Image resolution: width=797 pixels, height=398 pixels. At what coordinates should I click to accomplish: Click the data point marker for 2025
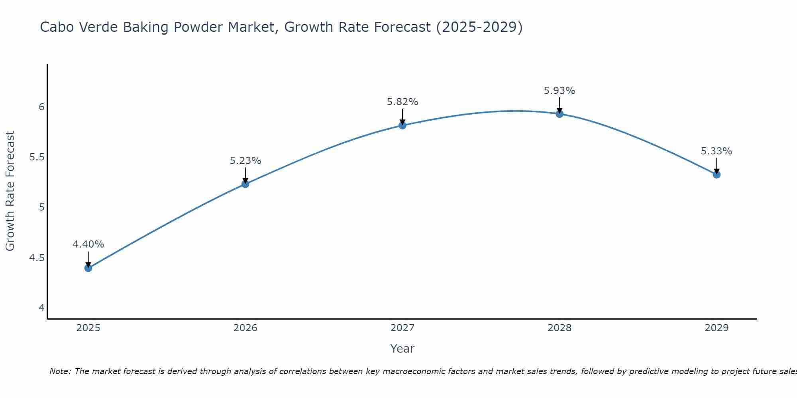tap(88, 268)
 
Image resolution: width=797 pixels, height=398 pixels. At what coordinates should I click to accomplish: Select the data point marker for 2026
tap(245, 184)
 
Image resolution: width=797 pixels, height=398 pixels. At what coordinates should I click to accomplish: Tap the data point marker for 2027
tap(402, 125)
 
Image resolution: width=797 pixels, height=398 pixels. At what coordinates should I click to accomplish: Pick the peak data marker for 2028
tap(559, 114)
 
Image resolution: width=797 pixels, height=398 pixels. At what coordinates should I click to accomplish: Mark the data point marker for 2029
tap(716, 174)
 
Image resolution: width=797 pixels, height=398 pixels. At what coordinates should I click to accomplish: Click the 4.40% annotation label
tap(88, 244)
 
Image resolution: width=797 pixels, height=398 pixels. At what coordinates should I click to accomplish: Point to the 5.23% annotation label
tap(245, 160)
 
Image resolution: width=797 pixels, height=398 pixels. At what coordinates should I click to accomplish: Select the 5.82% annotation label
tap(402, 102)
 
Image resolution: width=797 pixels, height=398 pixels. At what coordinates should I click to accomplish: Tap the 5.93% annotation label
tap(559, 91)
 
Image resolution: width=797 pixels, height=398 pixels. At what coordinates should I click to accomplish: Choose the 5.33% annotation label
tap(716, 151)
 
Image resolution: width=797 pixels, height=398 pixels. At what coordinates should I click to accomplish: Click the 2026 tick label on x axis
tap(245, 328)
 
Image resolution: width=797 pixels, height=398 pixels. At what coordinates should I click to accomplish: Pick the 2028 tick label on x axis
tap(559, 328)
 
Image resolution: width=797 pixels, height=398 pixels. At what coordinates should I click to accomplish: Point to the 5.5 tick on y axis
tap(37, 157)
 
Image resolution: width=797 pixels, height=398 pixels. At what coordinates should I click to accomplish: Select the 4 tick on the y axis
tap(41, 308)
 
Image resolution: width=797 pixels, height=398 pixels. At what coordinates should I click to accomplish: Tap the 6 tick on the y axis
tap(41, 107)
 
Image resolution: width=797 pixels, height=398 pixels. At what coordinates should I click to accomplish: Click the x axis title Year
tap(402, 349)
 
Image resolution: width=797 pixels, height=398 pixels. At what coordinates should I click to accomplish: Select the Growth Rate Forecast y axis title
tap(10, 191)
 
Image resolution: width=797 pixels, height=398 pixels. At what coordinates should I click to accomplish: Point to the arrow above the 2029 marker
tap(716, 166)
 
